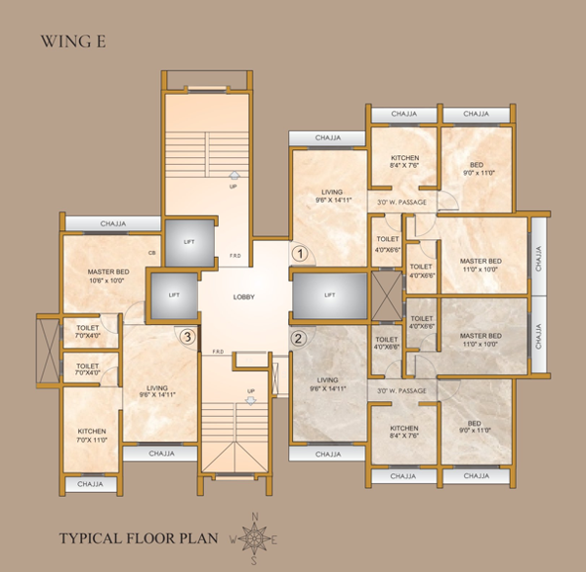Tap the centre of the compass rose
pyautogui.click(x=256, y=536)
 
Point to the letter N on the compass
pyautogui.click(x=256, y=516)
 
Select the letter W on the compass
pyautogui.click(x=233, y=537)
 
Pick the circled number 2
pyautogui.click(x=300, y=339)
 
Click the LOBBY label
pyautogui.click(x=244, y=297)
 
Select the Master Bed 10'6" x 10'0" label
pyautogui.click(x=108, y=274)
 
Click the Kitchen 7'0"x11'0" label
pyautogui.click(x=92, y=434)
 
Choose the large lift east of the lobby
pyautogui.click(x=329, y=294)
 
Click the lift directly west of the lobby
pyautogui.click(x=174, y=294)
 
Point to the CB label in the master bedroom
pyautogui.click(x=152, y=253)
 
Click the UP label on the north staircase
pyautogui.click(x=233, y=185)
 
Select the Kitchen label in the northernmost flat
pyautogui.click(x=404, y=161)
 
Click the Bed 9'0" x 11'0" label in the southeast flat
pyautogui.click(x=476, y=427)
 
